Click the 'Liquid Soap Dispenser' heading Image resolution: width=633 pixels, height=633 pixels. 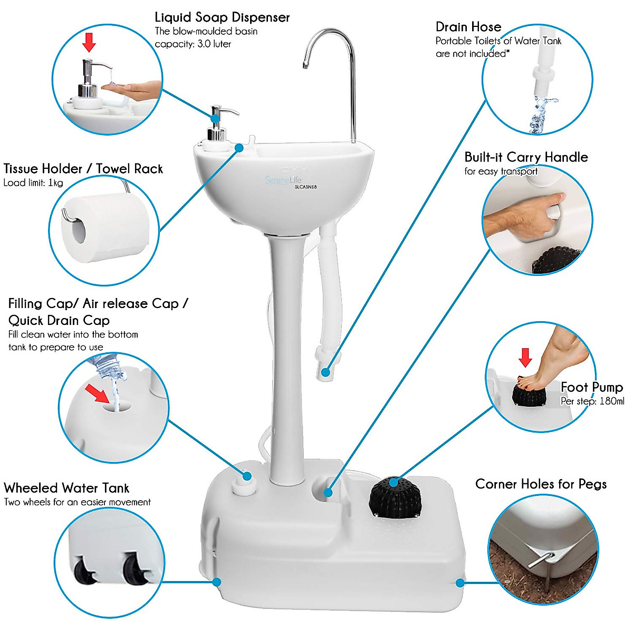pyautogui.click(x=222, y=17)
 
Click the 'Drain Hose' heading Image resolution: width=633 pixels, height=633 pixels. pyautogui.click(x=468, y=27)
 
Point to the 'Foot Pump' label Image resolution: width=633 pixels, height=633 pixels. pyautogui.click(x=591, y=387)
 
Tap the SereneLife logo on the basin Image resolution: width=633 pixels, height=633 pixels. pyautogui.click(x=283, y=180)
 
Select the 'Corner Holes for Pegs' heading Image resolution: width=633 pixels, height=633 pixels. pyautogui.click(x=541, y=484)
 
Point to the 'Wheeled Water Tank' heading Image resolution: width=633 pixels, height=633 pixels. pyautogui.click(x=66, y=488)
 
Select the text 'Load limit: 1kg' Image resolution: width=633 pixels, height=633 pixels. pyautogui.click(x=33, y=183)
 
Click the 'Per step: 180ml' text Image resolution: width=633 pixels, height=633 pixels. pyautogui.click(x=592, y=401)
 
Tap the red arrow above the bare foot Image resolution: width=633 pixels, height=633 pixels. pyautogui.click(x=525, y=357)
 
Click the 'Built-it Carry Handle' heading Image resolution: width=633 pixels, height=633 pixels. pyautogui.click(x=526, y=157)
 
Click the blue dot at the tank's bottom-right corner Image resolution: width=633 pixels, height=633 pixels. pyautogui.click(x=460, y=583)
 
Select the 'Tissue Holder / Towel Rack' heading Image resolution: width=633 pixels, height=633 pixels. pyautogui.click(x=83, y=169)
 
